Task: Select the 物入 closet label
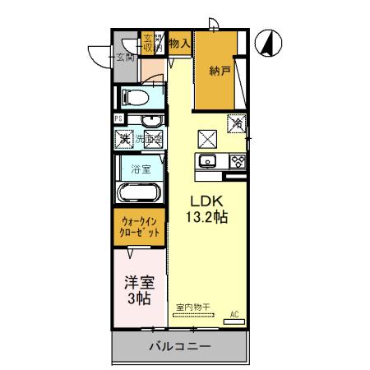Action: [x=179, y=43]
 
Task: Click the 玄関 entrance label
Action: [x=125, y=57]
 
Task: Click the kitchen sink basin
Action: [x=207, y=160]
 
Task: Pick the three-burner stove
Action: [x=238, y=160]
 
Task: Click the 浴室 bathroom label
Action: [x=141, y=169]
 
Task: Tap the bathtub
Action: [x=141, y=195]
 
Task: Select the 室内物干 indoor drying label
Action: [x=193, y=308]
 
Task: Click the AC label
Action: [x=234, y=314]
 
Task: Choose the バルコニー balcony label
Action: [x=179, y=346]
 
